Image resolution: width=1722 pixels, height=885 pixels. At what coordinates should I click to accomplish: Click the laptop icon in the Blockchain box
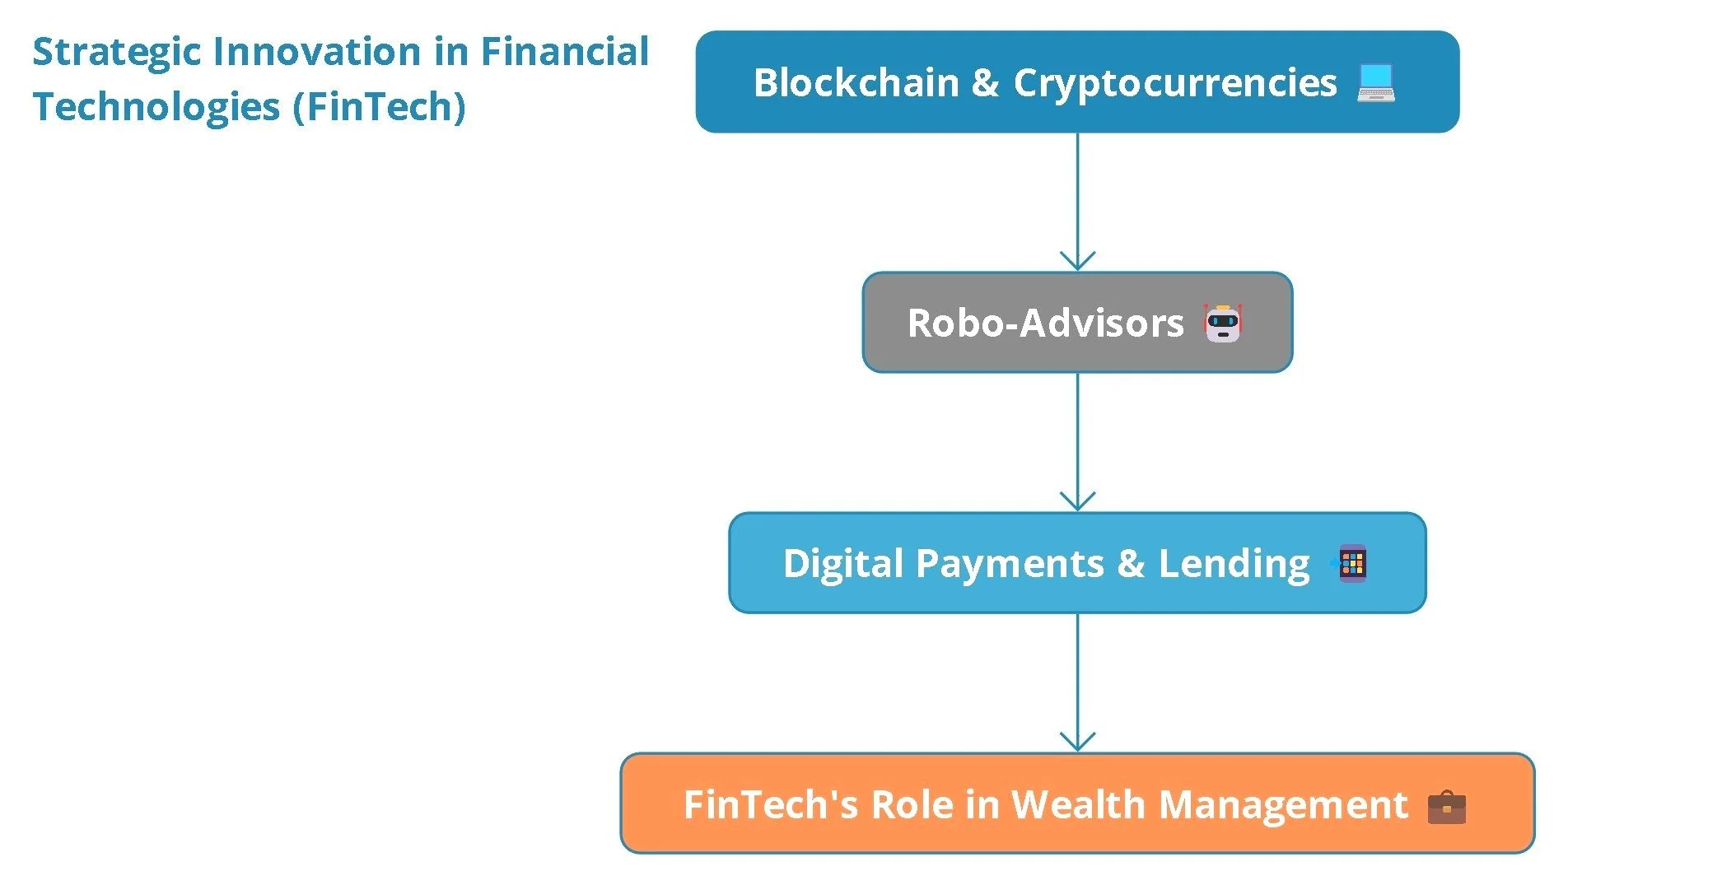point(1376,83)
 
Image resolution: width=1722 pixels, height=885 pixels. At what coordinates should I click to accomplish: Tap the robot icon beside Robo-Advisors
point(1223,323)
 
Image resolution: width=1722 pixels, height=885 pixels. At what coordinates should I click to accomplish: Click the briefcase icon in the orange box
point(1446,807)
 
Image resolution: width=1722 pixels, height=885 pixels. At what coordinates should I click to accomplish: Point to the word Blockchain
point(856,83)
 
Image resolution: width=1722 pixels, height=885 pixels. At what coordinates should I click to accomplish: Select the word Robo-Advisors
point(1045,323)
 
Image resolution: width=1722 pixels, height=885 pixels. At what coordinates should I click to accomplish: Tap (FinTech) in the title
point(380,107)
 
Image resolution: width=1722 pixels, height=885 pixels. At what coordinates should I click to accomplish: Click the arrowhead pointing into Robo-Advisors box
point(1077,262)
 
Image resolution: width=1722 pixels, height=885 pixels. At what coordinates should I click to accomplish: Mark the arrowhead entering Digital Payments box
point(1077,502)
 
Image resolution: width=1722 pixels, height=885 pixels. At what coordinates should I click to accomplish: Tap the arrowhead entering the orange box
point(1077,743)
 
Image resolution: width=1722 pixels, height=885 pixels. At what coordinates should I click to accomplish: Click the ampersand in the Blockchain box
point(985,83)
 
